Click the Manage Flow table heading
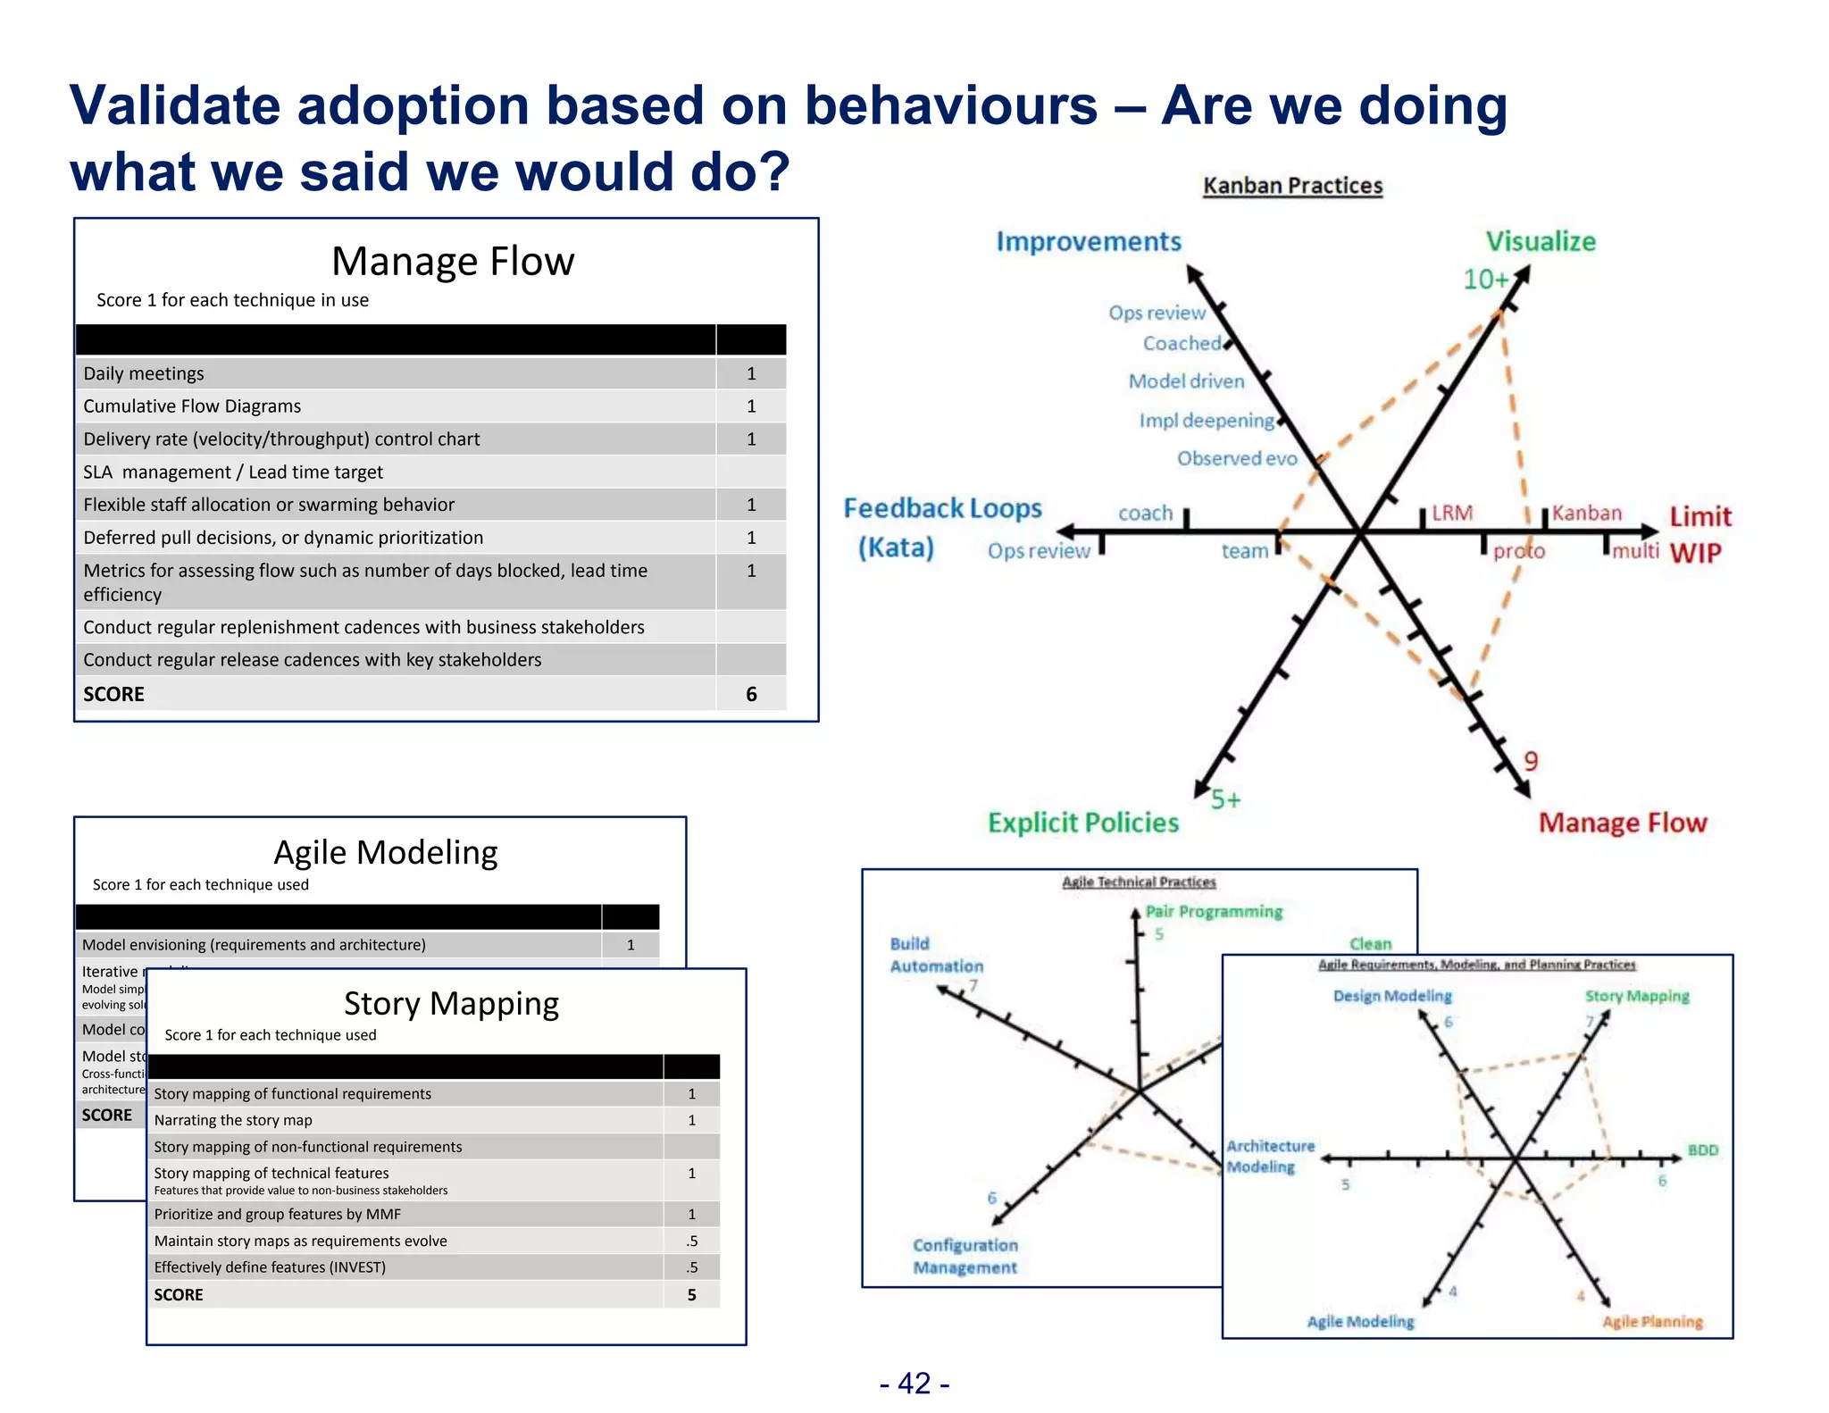click(452, 262)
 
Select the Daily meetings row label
click(144, 373)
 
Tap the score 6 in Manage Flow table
click(751, 694)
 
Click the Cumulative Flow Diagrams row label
click(192, 406)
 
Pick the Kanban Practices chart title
click(1292, 186)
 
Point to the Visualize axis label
click(1540, 241)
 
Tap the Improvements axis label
click(1089, 241)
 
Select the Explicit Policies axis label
click(1082, 823)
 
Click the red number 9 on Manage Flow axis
click(1531, 761)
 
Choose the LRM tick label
click(1452, 513)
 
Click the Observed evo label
click(1236, 458)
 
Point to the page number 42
click(914, 1383)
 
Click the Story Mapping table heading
click(451, 1004)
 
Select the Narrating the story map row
click(233, 1120)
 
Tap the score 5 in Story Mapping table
click(691, 1294)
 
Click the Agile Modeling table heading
click(385, 852)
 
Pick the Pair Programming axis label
click(1214, 911)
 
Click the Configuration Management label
click(965, 1256)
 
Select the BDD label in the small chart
click(1702, 1150)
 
